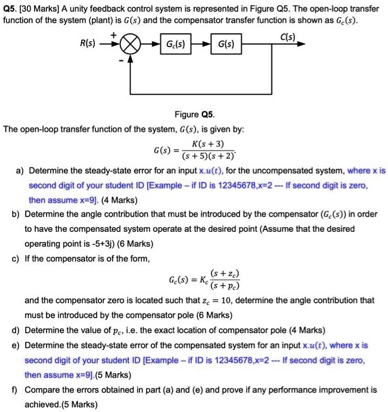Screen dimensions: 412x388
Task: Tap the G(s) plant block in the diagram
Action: tap(226, 45)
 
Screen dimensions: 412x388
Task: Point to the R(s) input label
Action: tap(91, 45)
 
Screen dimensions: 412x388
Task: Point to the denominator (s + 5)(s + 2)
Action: tap(207, 156)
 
